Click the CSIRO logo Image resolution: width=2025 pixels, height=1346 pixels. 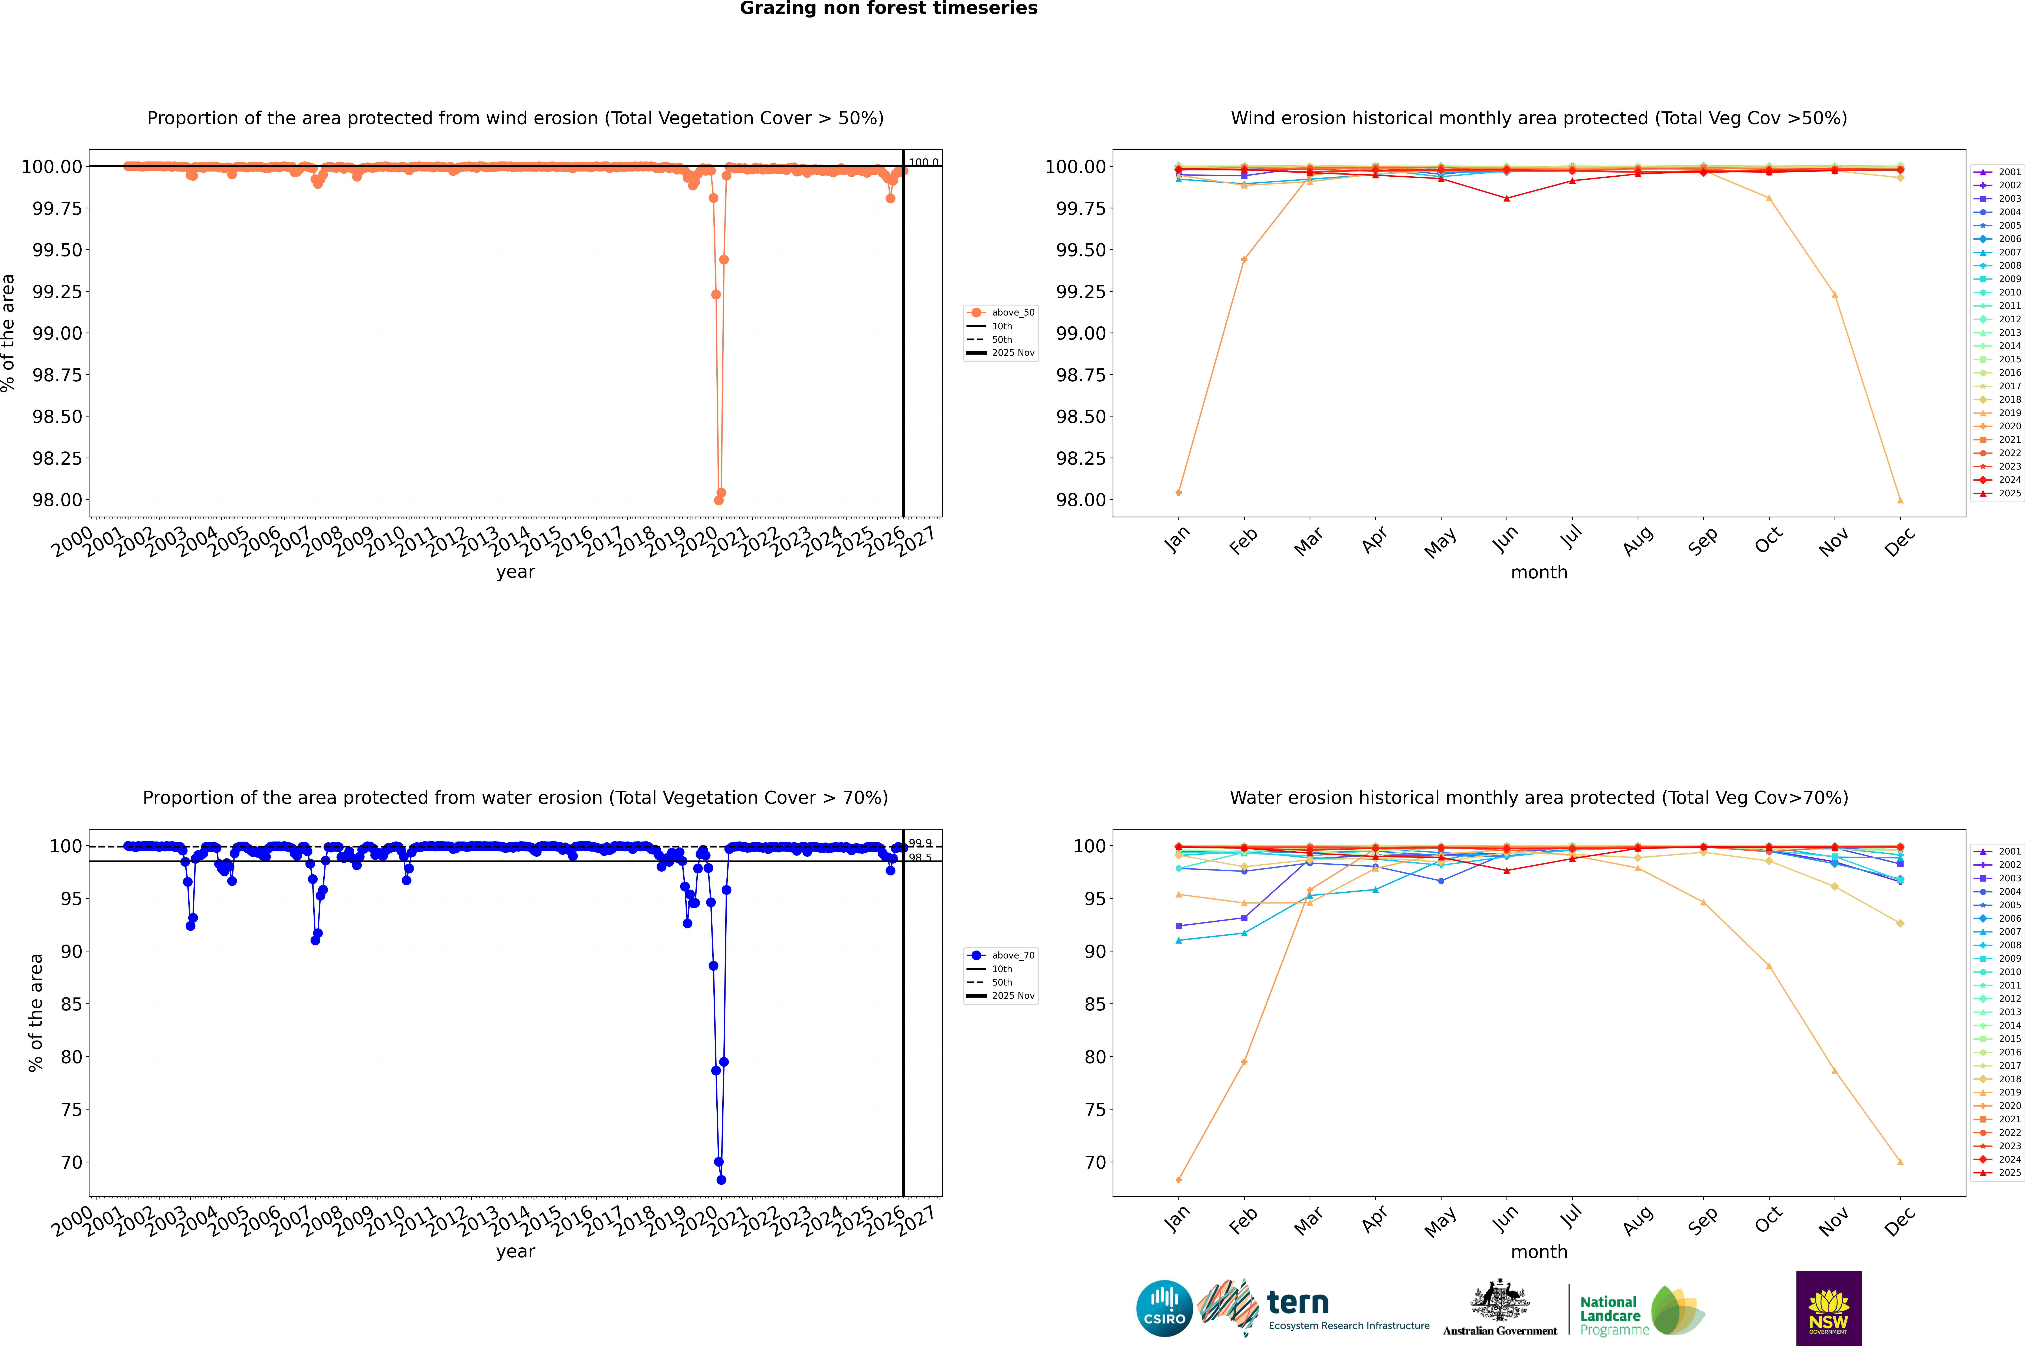1164,1308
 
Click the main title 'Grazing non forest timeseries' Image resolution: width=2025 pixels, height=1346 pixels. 889,9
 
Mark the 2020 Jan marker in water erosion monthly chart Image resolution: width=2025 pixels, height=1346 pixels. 1179,1179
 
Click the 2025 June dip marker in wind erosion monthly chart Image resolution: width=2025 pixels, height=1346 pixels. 1507,198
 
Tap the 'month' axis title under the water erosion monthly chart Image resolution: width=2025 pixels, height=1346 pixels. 1538,1252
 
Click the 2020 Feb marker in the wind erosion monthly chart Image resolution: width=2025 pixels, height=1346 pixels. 1244,259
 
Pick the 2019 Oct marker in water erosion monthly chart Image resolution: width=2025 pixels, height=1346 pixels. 1768,966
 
